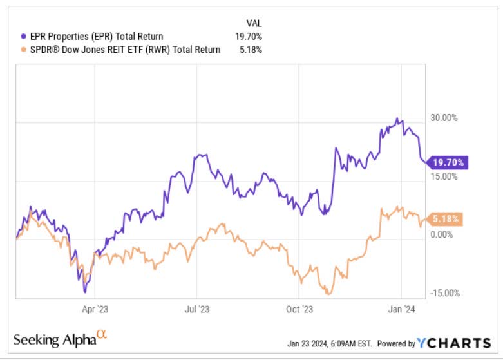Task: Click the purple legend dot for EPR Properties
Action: pos(24,37)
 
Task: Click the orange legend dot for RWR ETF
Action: pos(24,50)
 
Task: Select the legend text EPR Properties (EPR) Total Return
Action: pos(96,37)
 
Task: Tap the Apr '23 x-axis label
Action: pos(96,310)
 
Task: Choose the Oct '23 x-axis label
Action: pos(299,310)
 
